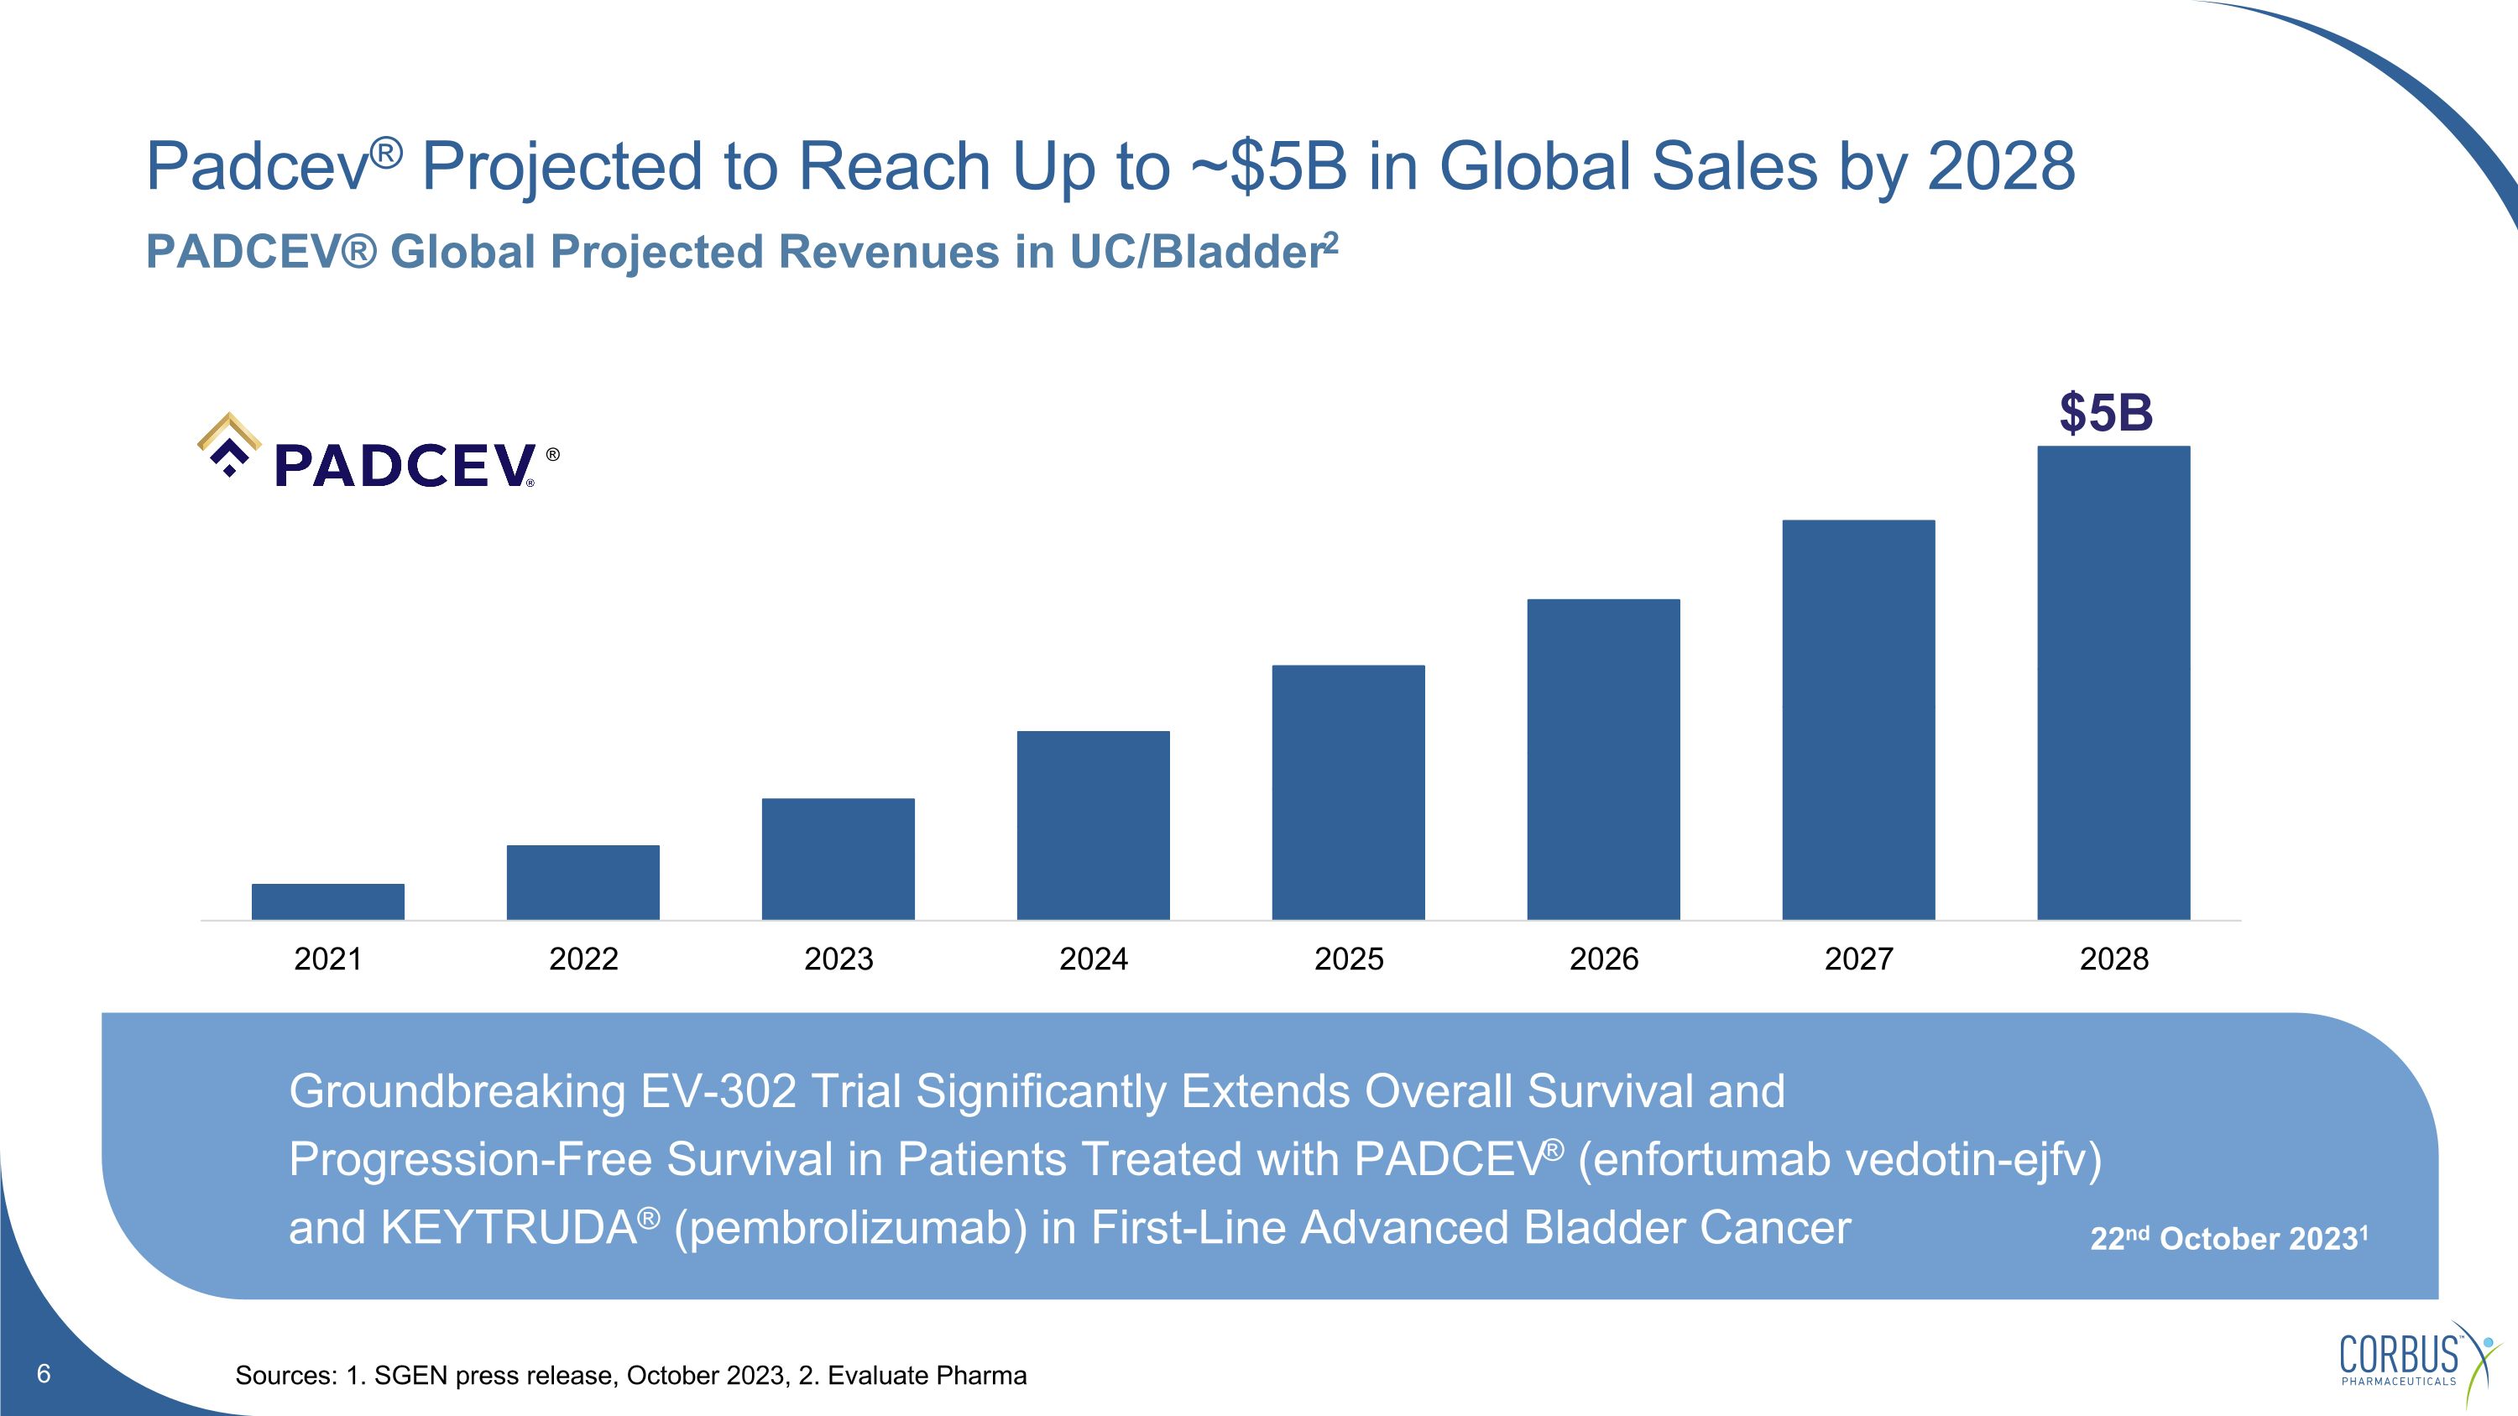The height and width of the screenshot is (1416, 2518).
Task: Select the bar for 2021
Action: click(327, 901)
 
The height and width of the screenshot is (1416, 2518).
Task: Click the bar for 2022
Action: click(582, 881)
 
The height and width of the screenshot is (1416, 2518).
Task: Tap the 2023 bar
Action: click(838, 858)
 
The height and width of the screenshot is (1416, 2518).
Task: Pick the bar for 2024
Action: click(1093, 825)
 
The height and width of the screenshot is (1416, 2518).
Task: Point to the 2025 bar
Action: click(1348, 792)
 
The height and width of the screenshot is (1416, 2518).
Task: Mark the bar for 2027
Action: click(1858, 719)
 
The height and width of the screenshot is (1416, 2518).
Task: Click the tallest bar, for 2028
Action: click(2113, 682)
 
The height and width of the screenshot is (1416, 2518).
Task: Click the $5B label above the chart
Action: click(2106, 412)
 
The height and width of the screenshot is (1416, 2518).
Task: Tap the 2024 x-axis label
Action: click(1093, 959)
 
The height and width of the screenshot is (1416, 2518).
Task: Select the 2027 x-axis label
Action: click(1858, 959)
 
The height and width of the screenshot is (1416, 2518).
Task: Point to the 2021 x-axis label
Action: click(327, 959)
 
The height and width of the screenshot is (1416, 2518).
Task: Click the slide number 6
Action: click(43, 1374)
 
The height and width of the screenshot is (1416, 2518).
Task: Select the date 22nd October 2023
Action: click(2228, 1238)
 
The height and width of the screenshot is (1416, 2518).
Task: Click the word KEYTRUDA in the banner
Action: click(509, 1228)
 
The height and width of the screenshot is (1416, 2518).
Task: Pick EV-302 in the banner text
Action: click(718, 1091)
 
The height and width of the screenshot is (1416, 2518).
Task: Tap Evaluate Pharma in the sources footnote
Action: click(927, 1376)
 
